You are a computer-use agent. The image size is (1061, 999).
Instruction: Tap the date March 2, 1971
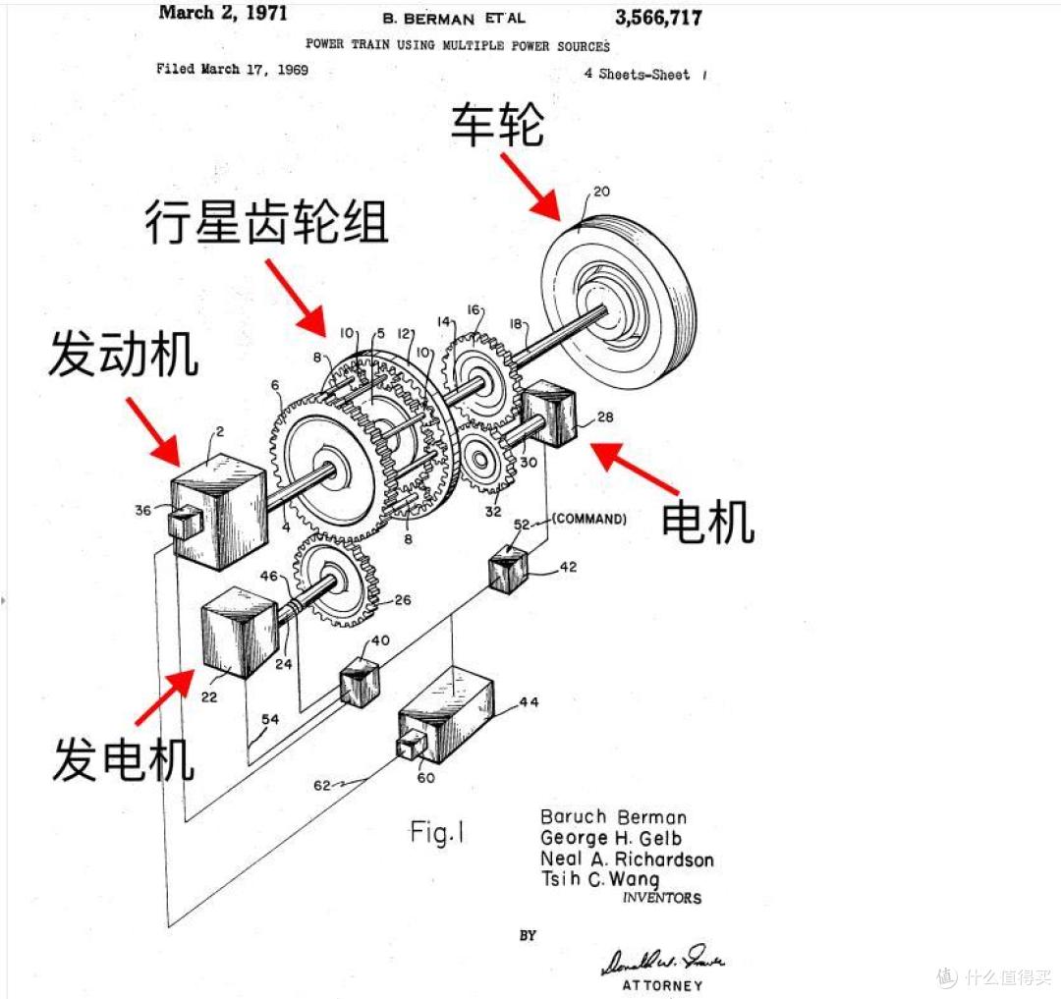tap(223, 13)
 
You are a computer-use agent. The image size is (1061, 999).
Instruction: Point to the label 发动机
tap(124, 355)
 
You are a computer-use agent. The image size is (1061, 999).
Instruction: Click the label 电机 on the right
tap(707, 521)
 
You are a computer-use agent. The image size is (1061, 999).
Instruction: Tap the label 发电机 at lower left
tap(124, 758)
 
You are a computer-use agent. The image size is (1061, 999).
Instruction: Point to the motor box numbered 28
tap(553, 416)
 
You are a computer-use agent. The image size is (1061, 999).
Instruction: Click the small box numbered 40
tap(359, 684)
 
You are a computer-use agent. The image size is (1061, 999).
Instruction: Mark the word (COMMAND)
tap(589, 518)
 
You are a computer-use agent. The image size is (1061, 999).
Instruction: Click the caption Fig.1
tap(437, 833)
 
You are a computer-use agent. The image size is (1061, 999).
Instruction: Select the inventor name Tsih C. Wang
tap(600, 879)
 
